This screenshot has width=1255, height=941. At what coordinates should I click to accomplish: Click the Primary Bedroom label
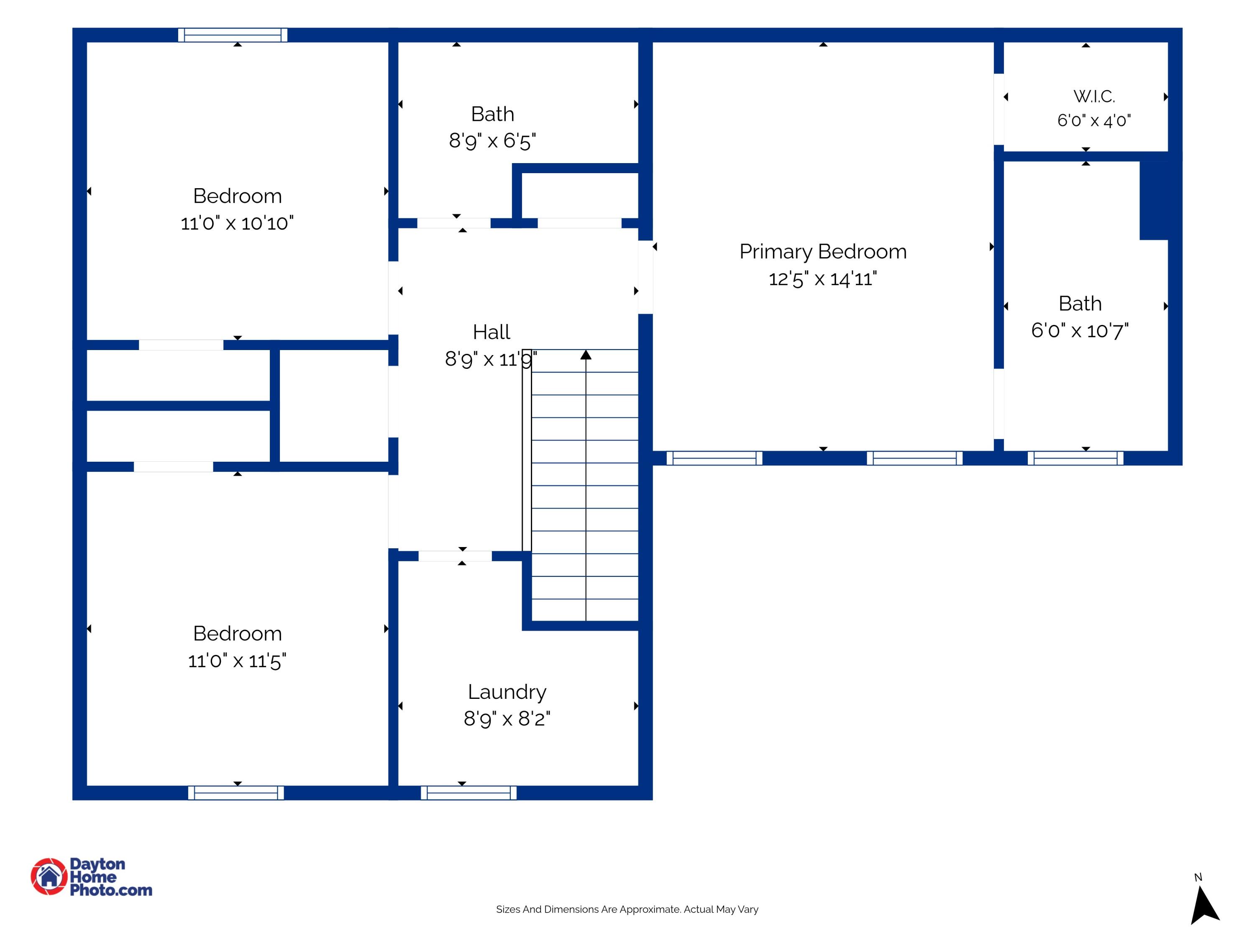[823, 251]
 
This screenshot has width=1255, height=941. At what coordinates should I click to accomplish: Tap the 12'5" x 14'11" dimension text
[823, 279]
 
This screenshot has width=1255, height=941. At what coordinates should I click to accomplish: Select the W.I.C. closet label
[1094, 97]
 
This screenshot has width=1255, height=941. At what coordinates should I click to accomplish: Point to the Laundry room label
[507, 693]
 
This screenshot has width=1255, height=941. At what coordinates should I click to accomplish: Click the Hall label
[492, 332]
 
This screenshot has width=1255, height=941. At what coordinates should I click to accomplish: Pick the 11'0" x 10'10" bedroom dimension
[237, 223]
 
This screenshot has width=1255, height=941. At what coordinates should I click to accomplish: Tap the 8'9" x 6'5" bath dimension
[492, 141]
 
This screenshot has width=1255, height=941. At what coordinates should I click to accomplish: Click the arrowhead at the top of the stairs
[586, 355]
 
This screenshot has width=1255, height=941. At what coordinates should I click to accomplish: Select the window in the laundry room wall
[469, 793]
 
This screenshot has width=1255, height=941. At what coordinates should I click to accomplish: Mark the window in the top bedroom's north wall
[233, 35]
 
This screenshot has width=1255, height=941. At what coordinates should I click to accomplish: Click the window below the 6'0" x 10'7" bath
[1075, 458]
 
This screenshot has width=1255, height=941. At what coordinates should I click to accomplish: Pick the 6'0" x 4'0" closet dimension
[1094, 121]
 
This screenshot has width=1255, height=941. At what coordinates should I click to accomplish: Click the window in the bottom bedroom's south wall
[236, 793]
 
